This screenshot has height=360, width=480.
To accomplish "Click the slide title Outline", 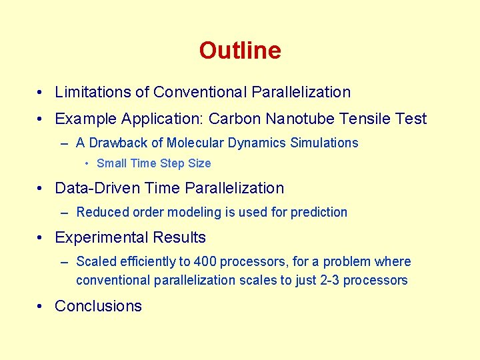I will click(240, 51).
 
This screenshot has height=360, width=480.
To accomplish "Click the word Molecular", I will click(194, 143).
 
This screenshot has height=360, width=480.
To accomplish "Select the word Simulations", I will click(324, 143).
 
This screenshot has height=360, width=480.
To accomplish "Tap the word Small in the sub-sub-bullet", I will click(111, 163).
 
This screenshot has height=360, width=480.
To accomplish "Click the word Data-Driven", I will click(99, 189).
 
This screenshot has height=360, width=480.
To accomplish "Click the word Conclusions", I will click(98, 306).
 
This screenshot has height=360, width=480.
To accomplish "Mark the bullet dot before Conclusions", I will click(41, 306).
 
